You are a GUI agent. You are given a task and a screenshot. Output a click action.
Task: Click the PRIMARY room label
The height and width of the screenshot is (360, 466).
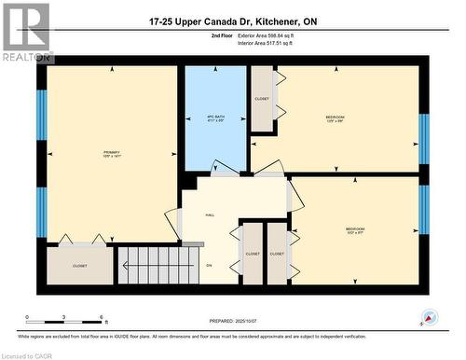coord(112,152)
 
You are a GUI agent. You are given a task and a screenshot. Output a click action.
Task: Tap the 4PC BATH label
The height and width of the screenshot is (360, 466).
coord(215,118)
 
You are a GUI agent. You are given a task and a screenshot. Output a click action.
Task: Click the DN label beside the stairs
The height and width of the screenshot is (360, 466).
coord(209,266)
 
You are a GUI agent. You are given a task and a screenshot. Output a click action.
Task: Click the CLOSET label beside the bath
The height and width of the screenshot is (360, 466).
coord(262,99)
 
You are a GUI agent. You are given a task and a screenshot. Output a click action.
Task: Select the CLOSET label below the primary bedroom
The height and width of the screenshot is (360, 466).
coord(80,266)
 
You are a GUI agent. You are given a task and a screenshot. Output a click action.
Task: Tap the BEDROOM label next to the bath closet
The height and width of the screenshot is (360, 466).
coord(335,118)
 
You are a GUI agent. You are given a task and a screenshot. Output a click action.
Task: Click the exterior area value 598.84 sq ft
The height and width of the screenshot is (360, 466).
coord(299,35)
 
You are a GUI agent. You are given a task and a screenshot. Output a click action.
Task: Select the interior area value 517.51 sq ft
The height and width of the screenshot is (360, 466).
coord(297,43)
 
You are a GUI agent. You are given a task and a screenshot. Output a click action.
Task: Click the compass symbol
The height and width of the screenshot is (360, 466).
coord(430,317)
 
